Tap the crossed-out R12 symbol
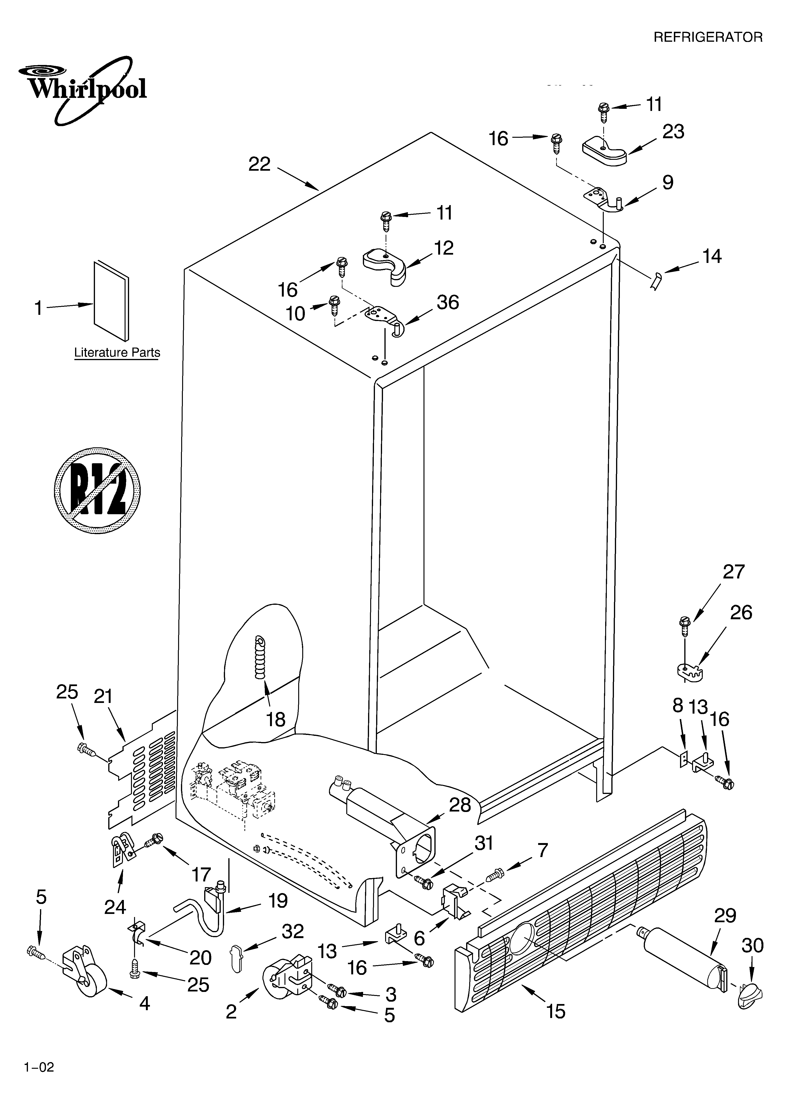coord(97,490)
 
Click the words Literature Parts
coord(117,353)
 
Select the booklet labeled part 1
coord(111,301)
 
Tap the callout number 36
coord(448,303)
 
